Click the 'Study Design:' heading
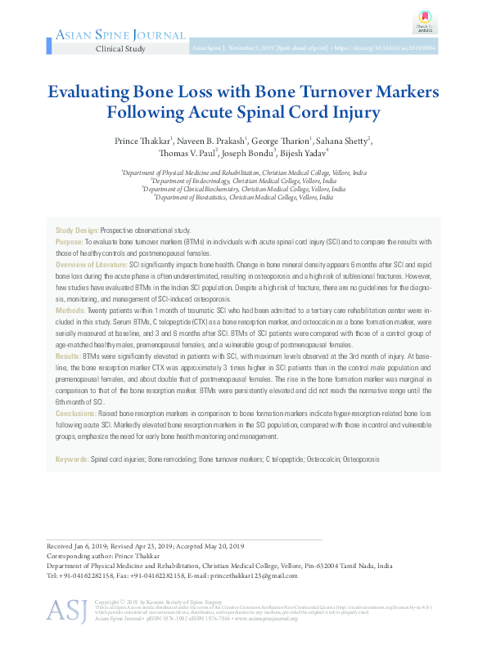[77, 231]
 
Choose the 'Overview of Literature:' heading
[91, 266]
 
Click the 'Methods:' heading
[70, 311]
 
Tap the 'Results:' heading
[68, 357]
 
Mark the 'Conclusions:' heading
[75, 414]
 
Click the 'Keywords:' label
[72, 460]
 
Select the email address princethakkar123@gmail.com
[266, 575]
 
